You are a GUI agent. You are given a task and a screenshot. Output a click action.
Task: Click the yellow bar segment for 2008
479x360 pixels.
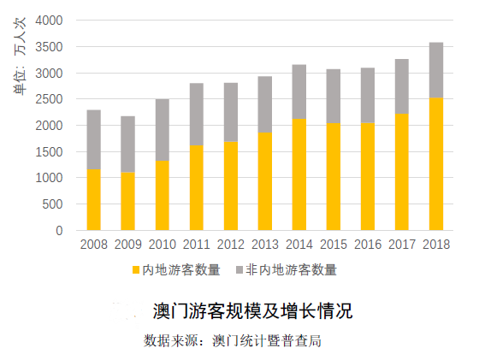coord(94,199)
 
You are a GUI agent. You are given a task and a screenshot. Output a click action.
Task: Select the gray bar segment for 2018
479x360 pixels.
coord(435,69)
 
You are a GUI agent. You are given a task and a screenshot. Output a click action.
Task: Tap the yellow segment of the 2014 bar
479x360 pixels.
coord(299,174)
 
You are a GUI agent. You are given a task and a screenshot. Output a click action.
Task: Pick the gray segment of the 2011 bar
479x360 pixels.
coord(196,114)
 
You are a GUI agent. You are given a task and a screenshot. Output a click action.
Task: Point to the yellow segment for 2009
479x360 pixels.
coord(127,201)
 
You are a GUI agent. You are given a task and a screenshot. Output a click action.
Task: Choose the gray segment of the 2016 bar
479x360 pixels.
coord(367,95)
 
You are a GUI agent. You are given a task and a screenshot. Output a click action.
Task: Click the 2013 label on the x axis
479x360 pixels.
coord(264,245)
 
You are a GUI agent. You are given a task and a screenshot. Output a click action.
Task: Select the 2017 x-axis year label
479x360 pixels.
coord(401,245)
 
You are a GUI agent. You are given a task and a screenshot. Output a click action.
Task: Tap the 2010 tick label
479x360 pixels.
coord(163,245)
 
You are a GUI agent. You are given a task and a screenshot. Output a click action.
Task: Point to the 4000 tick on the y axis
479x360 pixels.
coord(48,20)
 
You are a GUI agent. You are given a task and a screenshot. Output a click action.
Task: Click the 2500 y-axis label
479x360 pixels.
coord(48,99)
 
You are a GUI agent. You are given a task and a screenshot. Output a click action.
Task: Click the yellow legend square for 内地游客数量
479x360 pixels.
coord(135,270)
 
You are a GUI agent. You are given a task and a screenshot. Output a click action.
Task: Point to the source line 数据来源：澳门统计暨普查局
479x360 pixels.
coord(233,340)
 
